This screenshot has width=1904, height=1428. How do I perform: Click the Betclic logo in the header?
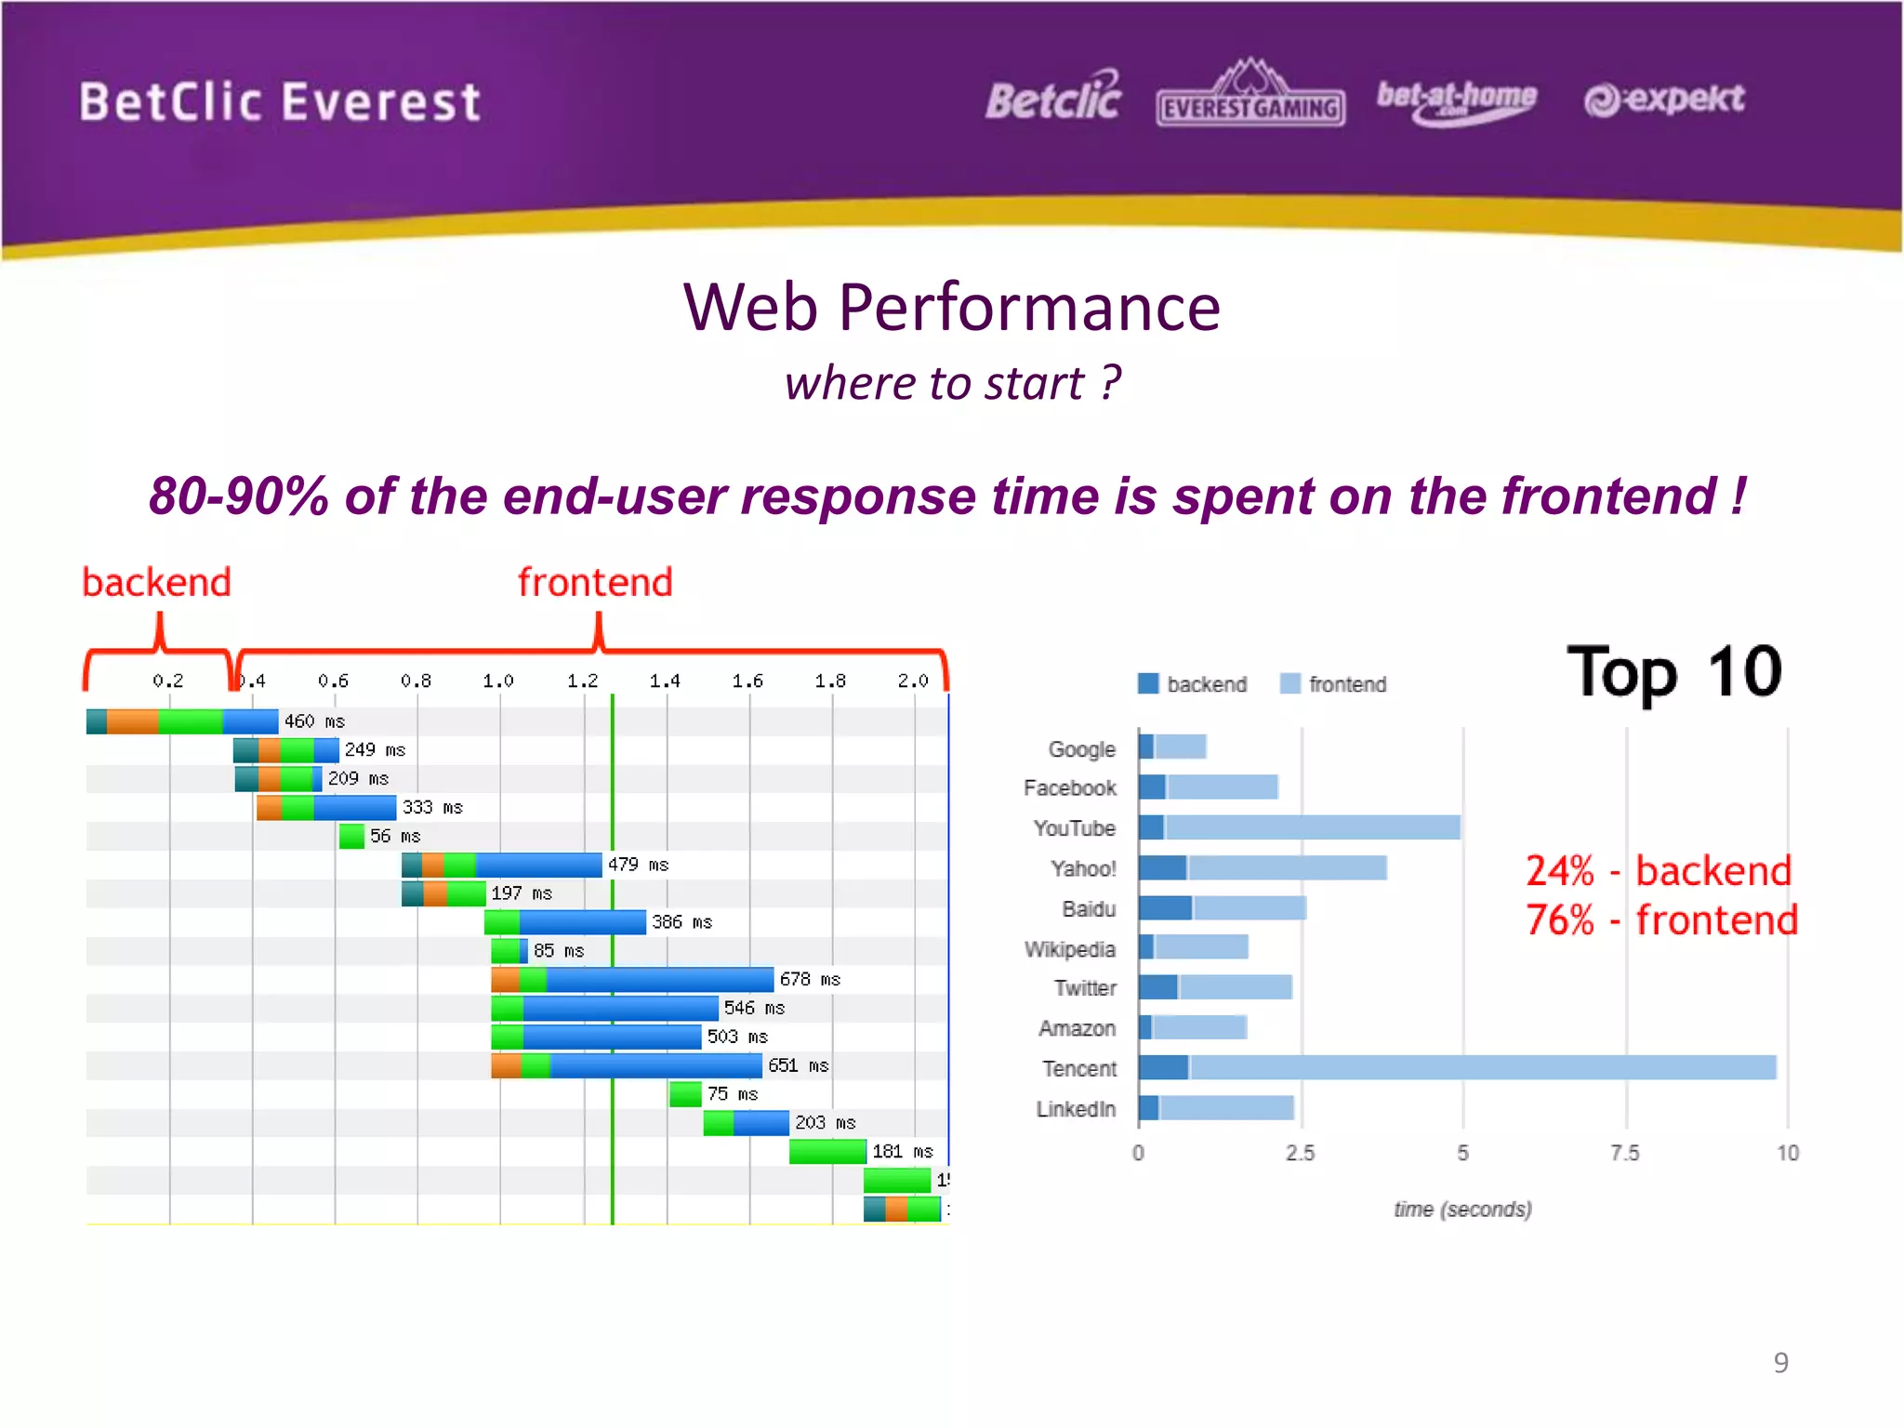pyautogui.click(x=1053, y=98)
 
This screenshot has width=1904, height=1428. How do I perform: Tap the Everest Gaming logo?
pyautogui.click(x=1249, y=96)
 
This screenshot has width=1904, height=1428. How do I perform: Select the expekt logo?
pyautogui.click(x=1664, y=99)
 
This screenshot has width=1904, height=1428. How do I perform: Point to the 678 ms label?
pyautogui.click(x=810, y=979)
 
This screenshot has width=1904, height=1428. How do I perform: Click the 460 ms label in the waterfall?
pyautogui.click(x=314, y=721)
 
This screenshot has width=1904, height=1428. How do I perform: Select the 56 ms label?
pyautogui.click(x=395, y=836)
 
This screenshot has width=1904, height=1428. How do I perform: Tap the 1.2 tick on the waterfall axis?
pyautogui.click(x=583, y=681)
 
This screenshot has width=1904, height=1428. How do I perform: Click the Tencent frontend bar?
pyautogui.click(x=1482, y=1067)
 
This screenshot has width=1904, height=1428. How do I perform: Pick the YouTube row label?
pyautogui.click(x=1074, y=827)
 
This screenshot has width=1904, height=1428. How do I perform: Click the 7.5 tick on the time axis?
pyautogui.click(x=1625, y=1153)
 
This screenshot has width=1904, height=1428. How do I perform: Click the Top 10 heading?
pyautogui.click(x=1673, y=672)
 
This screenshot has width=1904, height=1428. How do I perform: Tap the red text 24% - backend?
pyautogui.click(x=1658, y=871)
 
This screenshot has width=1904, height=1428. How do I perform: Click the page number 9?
pyautogui.click(x=1780, y=1362)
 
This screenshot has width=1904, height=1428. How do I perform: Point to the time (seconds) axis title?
pyautogui.click(x=1462, y=1209)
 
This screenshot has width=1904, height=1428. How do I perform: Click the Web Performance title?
pyautogui.click(x=951, y=308)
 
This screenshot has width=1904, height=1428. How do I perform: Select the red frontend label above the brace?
pyautogui.click(x=595, y=582)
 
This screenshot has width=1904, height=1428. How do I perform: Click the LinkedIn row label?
pyautogui.click(x=1076, y=1108)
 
